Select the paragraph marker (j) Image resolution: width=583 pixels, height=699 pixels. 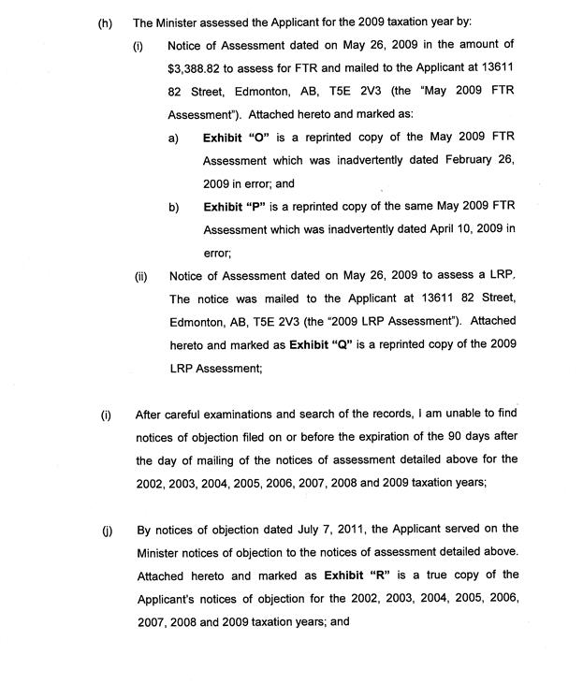pyautogui.click(x=107, y=530)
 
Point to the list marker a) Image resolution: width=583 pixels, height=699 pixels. pyautogui.click(x=173, y=138)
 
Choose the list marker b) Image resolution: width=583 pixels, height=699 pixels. pyautogui.click(x=174, y=207)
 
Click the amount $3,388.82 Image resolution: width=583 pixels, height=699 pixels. pyautogui.click(x=198, y=68)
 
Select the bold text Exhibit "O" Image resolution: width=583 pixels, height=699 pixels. pyautogui.click(x=236, y=138)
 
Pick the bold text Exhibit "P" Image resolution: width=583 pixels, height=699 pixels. pyautogui.click(x=236, y=207)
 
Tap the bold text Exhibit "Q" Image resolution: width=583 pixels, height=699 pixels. pyautogui.click(x=323, y=345)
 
